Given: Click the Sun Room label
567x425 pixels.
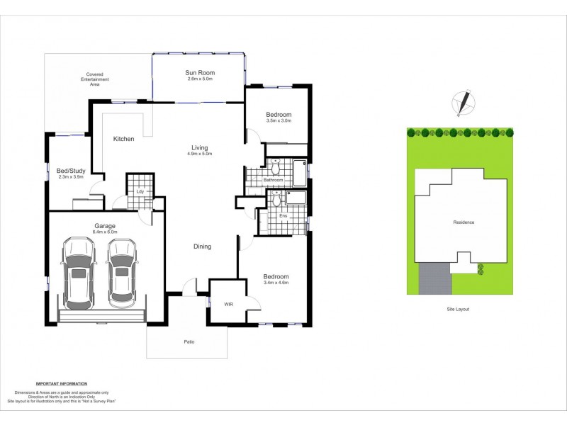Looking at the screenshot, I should tap(200, 72).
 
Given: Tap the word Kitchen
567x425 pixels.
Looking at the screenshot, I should tap(124, 139).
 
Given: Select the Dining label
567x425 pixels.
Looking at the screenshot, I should tap(203, 246).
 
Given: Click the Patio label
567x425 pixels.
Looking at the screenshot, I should tap(189, 342).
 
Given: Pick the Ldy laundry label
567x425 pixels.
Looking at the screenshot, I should tap(140, 191).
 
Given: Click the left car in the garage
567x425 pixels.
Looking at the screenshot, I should tap(79, 272).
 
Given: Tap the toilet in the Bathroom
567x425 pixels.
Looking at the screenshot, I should tap(276, 168).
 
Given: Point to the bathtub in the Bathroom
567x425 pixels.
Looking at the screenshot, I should tap(300, 174).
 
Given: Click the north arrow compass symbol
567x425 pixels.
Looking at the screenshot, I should tap(464, 103).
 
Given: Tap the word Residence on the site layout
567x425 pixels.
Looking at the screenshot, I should tap(464, 222).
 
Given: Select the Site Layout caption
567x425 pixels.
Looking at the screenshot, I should tap(457, 309).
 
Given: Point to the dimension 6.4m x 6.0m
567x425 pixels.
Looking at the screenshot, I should tap(105, 232).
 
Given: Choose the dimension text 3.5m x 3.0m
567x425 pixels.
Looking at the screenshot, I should tap(279, 121).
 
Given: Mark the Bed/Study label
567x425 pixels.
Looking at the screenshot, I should tap(70, 170).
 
